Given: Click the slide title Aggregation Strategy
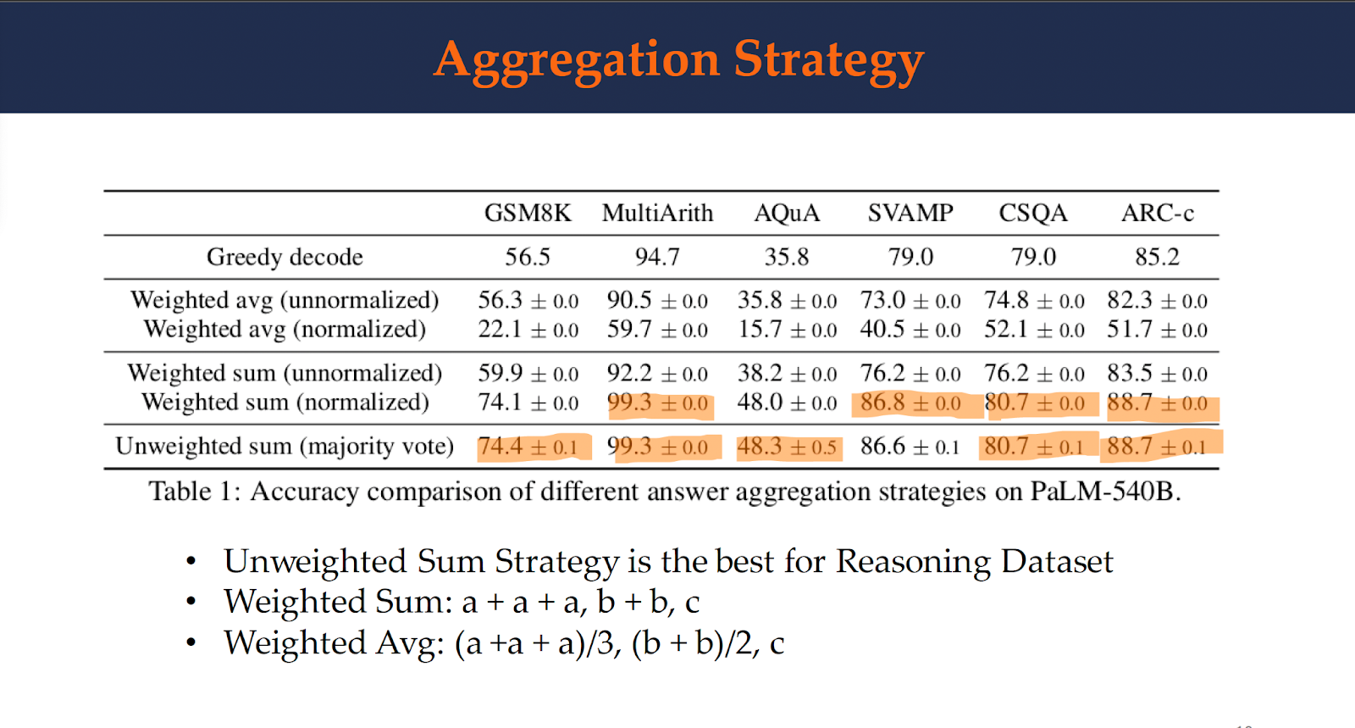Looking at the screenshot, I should point(678,61).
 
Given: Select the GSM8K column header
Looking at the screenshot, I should point(528,213).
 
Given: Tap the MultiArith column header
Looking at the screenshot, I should point(657,213).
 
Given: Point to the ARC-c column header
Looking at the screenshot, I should point(1157,213).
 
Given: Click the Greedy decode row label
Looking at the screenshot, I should point(285,257).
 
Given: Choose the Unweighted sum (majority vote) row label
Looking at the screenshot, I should point(285,446).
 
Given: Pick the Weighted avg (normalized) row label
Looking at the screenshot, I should point(285,329).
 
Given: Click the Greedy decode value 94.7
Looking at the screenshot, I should point(657,257).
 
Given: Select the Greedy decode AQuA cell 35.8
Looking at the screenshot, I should point(787,257).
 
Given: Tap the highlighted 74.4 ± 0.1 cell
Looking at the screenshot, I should point(528,447).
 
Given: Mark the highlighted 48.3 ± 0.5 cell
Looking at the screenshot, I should point(788,447).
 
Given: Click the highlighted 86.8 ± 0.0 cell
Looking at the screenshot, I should point(910,403).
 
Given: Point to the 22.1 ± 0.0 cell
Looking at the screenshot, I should point(528,330).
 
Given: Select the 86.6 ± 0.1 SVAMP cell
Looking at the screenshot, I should point(910,447).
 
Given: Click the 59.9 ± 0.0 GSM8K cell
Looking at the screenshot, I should point(528,374).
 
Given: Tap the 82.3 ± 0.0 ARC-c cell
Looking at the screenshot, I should point(1157,301).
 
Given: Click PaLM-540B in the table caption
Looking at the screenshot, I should point(1104,492).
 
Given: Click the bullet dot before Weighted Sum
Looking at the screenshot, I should point(191,603).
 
